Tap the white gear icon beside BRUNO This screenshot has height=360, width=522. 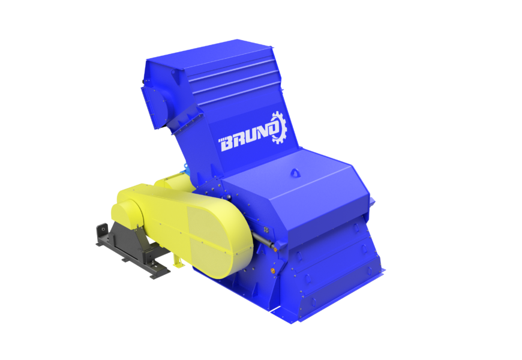[x=278, y=127]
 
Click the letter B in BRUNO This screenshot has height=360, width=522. [x=229, y=144]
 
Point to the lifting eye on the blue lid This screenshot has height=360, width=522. [x=295, y=173]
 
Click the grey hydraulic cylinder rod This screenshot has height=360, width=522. [x=262, y=240]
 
